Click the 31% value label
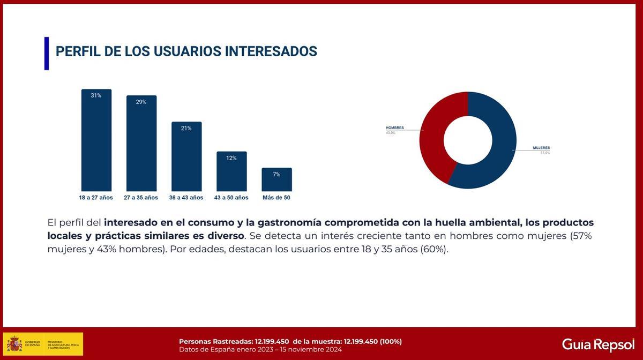[x=96, y=95]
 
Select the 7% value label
[x=276, y=174]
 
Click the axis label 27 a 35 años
[x=141, y=198]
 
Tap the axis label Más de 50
[x=276, y=198]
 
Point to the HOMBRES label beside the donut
[x=395, y=128]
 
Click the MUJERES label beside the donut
[x=541, y=148]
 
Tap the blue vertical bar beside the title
[x=47, y=53]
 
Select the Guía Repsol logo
[x=598, y=344]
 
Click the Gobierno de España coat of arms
[x=14, y=344]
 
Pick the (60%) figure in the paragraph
[x=433, y=250]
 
